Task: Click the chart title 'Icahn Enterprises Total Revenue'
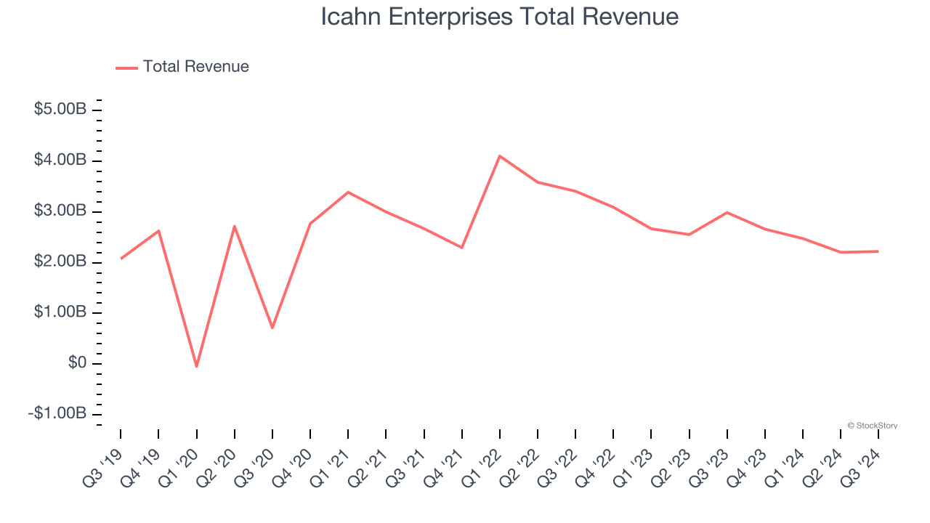[x=500, y=17]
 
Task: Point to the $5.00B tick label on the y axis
[x=60, y=110]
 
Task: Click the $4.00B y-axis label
[x=60, y=160]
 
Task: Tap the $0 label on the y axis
[x=77, y=363]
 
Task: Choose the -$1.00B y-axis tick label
[x=58, y=413]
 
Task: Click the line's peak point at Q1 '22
[x=500, y=156]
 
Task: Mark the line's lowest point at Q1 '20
[x=196, y=366]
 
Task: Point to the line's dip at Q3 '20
[x=272, y=328]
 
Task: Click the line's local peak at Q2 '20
[x=235, y=226]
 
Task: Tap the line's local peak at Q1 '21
[x=348, y=192]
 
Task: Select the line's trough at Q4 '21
[x=462, y=248]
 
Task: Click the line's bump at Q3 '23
[x=727, y=213]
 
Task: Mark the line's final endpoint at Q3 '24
[x=878, y=251]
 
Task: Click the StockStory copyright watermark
[x=872, y=426]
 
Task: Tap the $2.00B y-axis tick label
[x=60, y=261]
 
